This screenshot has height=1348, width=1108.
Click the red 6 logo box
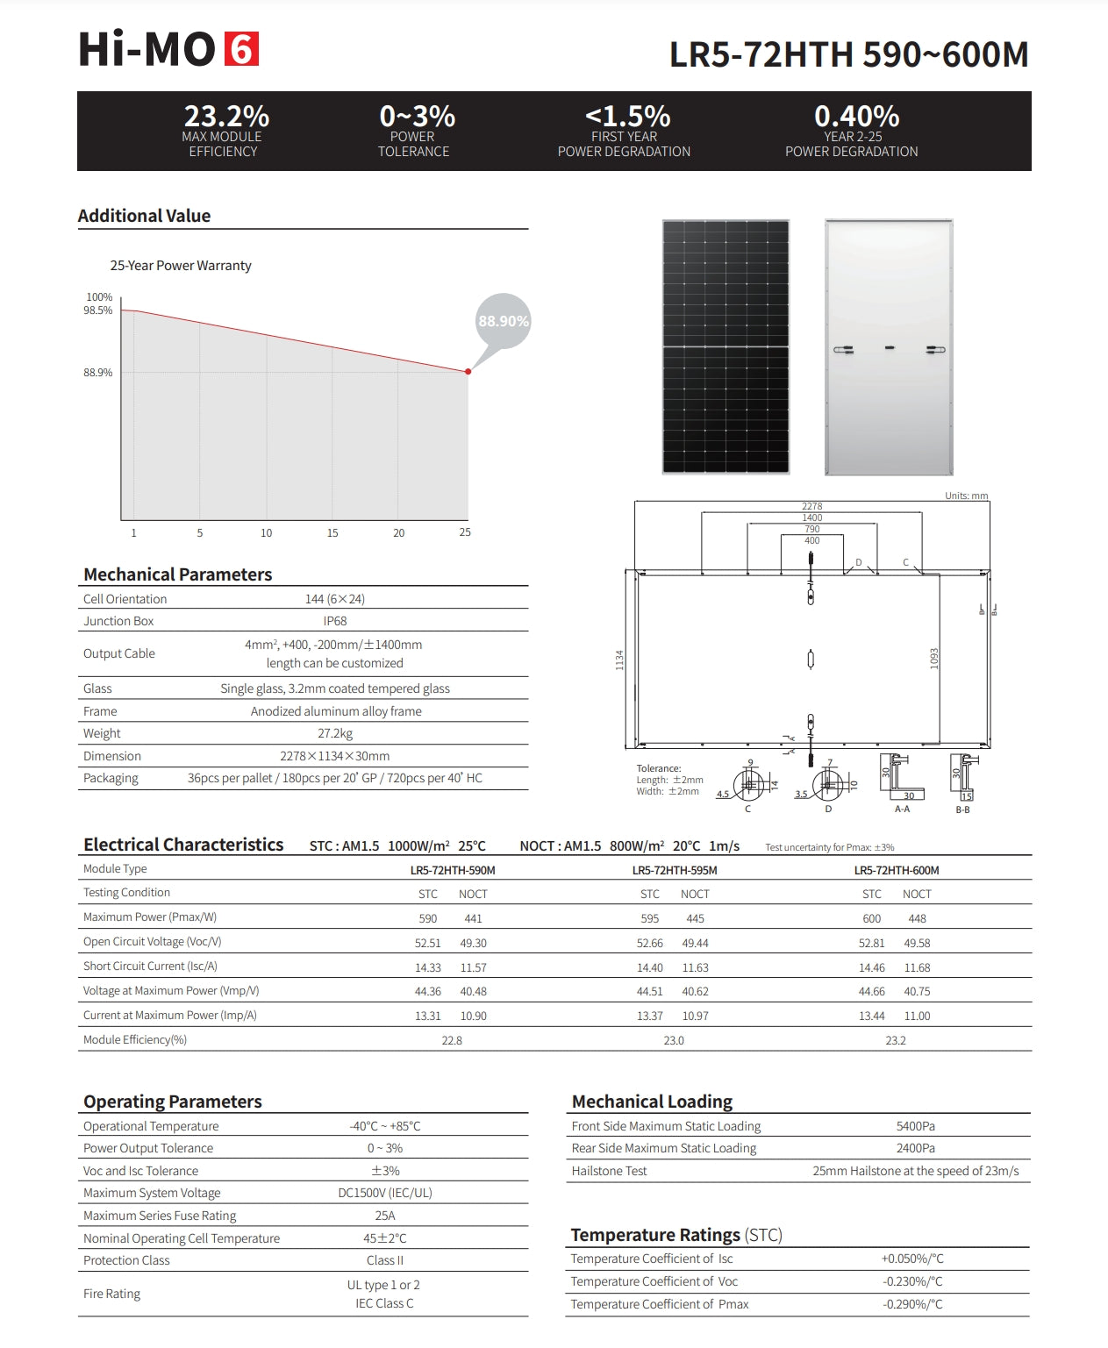(x=242, y=49)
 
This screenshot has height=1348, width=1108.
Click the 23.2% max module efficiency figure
(x=226, y=116)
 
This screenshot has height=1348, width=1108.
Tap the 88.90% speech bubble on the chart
(x=504, y=321)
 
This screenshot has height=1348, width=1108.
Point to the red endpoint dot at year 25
(x=468, y=372)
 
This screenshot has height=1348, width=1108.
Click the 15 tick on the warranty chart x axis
(x=332, y=533)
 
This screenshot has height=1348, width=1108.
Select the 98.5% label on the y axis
(x=98, y=310)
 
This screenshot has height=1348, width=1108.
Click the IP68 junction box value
(x=335, y=621)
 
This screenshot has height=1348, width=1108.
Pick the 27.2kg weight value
(x=335, y=733)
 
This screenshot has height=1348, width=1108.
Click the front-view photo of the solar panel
(x=726, y=346)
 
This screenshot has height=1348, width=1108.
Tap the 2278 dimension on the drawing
(x=812, y=506)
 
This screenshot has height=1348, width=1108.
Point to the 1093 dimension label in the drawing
(x=934, y=659)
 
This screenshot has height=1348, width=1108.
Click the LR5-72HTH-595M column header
(x=675, y=870)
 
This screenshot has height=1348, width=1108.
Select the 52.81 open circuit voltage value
(x=872, y=943)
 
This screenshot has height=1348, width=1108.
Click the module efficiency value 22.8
(x=452, y=1040)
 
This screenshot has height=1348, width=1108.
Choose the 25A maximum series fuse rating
(x=385, y=1216)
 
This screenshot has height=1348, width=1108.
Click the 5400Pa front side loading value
(x=916, y=1126)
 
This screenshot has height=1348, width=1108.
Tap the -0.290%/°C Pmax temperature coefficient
(x=912, y=1304)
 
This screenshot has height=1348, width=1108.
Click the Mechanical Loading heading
(x=652, y=1102)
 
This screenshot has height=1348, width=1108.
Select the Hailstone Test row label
(x=609, y=1171)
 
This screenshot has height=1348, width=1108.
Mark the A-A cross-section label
(x=902, y=810)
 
